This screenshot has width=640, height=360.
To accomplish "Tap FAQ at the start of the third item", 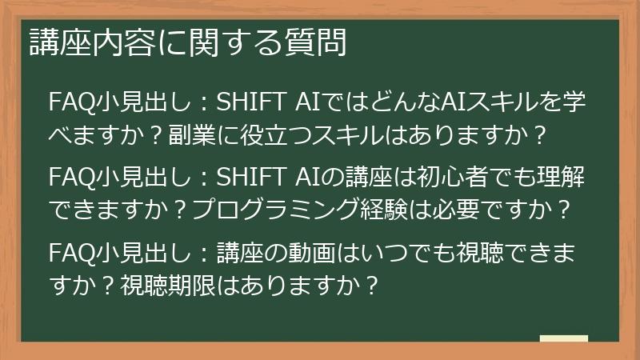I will point(69,254).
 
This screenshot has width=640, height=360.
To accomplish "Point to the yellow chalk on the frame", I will point(563,339).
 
